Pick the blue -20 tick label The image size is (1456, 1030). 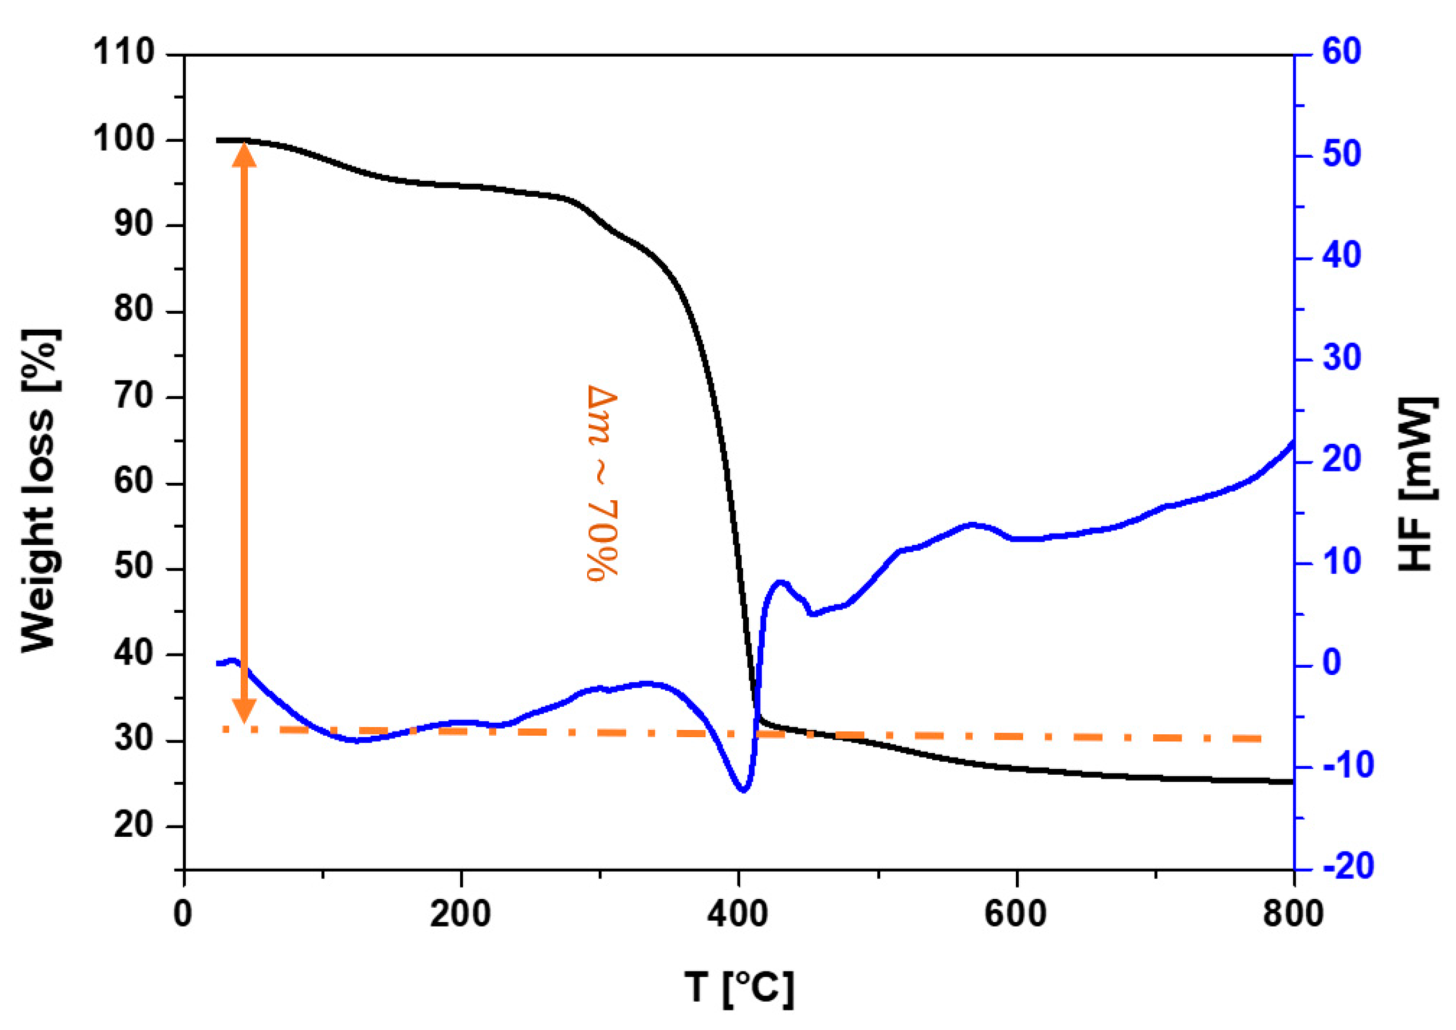click(1348, 867)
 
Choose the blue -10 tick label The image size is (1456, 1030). click(1348, 766)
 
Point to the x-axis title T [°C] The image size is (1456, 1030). click(738, 987)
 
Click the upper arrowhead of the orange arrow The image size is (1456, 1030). click(244, 154)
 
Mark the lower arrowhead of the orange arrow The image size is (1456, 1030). click(244, 710)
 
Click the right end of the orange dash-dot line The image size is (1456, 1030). click(1261, 738)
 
